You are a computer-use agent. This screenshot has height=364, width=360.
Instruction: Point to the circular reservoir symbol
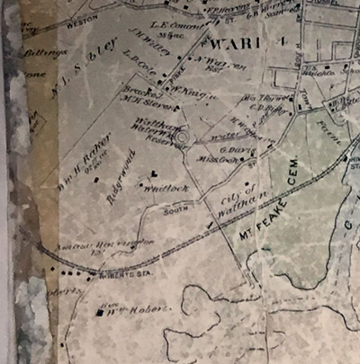[x=181, y=138]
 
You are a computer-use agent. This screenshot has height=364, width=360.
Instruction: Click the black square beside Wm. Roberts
[x=100, y=313]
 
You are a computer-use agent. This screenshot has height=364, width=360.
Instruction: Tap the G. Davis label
[x=232, y=150]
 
